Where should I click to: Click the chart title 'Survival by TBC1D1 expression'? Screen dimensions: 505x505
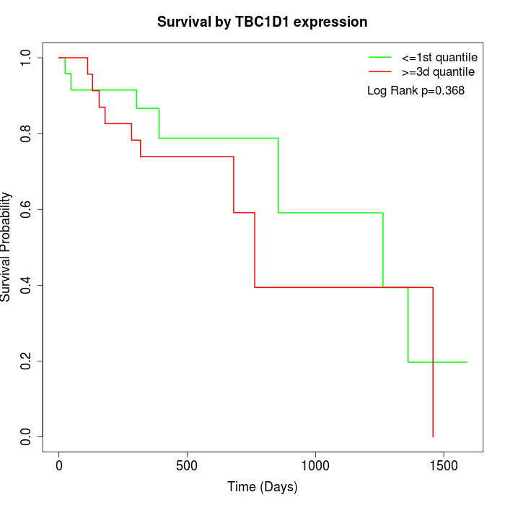(x=262, y=22)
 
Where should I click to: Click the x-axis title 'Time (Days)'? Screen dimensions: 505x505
(x=262, y=487)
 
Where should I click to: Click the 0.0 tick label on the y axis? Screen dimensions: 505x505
(x=27, y=436)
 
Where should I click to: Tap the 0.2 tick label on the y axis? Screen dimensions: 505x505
(x=27, y=361)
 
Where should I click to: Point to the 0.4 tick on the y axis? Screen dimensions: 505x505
(x=27, y=285)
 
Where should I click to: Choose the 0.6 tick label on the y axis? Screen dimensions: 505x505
(x=27, y=209)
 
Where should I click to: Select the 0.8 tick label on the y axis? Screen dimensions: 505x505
(x=27, y=133)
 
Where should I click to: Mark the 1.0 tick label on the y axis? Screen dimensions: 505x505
(x=27, y=58)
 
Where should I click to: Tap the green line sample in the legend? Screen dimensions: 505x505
(x=380, y=57)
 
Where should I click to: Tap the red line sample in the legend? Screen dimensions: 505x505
(x=380, y=71)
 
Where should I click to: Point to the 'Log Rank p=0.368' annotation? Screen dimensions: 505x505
(x=416, y=91)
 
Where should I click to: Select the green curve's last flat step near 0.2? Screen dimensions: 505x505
(x=437, y=361)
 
